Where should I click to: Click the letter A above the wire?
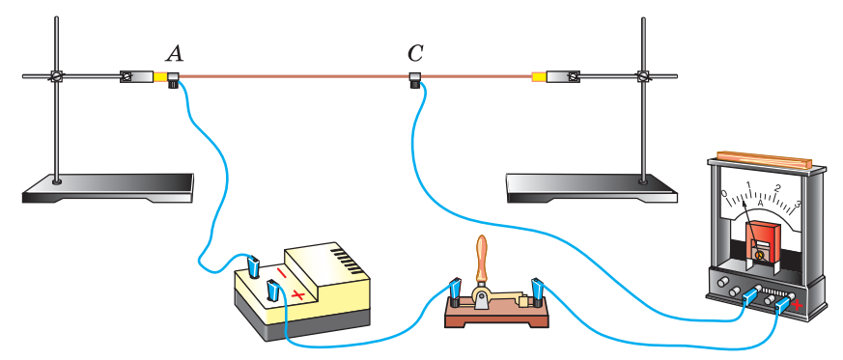pyautogui.click(x=174, y=53)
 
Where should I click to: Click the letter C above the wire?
pyautogui.click(x=414, y=53)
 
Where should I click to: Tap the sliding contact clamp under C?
pyautogui.click(x=414, y=80)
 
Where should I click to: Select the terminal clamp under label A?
pyautogui.click(x=174, y=80)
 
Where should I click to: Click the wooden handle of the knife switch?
pyautogui.click(x=481, y=258)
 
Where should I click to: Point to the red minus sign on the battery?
pyautogui.click(x=282, y=272)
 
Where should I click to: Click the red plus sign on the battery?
pyautogui.click(x=297, y=294)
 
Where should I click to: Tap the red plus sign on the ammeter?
pyautogui.click(x=798, y=305)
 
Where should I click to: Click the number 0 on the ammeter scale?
pyautogui.click(x=724, y=193)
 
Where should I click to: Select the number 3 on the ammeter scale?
pyautogui.click(x=798, y=204)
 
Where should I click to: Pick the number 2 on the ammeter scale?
pyautogui.click(x=777, y=188)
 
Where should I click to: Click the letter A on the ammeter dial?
pyautogui.click(x=761, y=204)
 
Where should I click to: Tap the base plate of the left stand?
pyautogui.click(x=107, y=188)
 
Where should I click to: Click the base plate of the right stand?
pyautogui.click(x=592, y=188)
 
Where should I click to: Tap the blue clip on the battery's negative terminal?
pyautogui.click(x=254, y=264)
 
